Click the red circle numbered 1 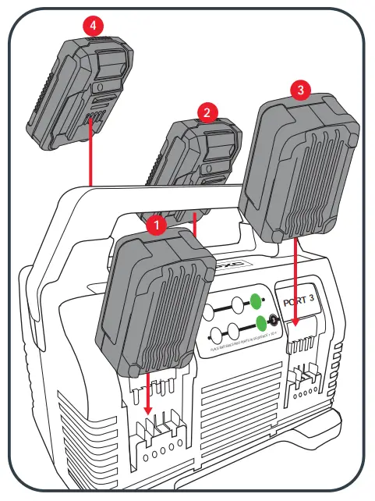[x=157, y=226]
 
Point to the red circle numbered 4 [x=94, y=26]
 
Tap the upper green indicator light [x=256, y=299]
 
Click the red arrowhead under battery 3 [x=295, y=320]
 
